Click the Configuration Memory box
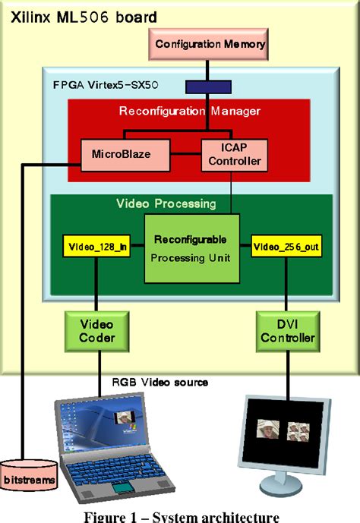coord(210,44)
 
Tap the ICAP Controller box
coord(232,154)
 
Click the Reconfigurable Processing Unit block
coord(191,248)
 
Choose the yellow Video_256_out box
coord(286,246)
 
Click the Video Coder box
coord(97,331)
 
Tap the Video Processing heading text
coord(166,203)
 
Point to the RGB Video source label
coord(160,382)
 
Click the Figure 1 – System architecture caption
coord(179,515)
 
